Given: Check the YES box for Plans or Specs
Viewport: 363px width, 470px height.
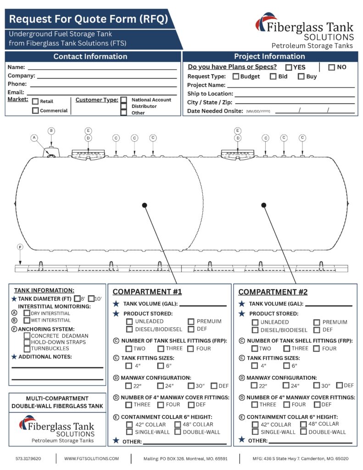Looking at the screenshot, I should (x=289, y=67).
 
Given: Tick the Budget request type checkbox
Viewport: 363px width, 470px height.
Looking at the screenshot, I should (x=236, y=77).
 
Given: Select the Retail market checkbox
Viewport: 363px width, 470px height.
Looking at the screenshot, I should (x=35, y=101).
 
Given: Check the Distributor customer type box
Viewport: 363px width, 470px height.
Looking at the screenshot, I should (x=123, y=106).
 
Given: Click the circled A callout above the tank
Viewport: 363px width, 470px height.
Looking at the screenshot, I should (x=34, y=137).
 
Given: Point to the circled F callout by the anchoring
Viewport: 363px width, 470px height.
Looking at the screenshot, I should (x=20, y=247).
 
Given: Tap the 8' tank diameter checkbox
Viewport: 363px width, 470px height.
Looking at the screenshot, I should (x=77, y=298).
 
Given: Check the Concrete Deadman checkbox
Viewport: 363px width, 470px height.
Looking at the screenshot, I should (x=27, y=336).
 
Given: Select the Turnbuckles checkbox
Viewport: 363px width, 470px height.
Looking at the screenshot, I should (x=27, y=349).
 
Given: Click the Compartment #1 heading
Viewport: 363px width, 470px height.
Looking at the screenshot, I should (x=147, y=292).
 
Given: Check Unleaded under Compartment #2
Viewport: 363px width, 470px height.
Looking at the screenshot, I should (x=255, y=322).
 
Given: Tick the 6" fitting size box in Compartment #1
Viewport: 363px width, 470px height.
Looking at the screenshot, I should (x=161, y=366).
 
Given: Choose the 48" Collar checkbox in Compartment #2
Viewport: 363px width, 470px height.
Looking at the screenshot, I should (x=303, y=424).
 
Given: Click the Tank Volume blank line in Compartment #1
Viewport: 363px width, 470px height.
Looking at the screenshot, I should (x=203, y=305).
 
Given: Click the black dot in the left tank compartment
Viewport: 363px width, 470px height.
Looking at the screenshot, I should (x=145, y=205).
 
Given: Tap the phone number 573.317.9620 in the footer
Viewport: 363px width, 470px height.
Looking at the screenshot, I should (x=28, y=459).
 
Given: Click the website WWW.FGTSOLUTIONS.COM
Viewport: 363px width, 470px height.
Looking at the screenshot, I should (x=91, y=459).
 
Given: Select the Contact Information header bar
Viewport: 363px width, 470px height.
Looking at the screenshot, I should (x=90, y=57).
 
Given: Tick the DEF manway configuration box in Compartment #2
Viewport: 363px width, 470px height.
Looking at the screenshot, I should (x=339, y=386).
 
